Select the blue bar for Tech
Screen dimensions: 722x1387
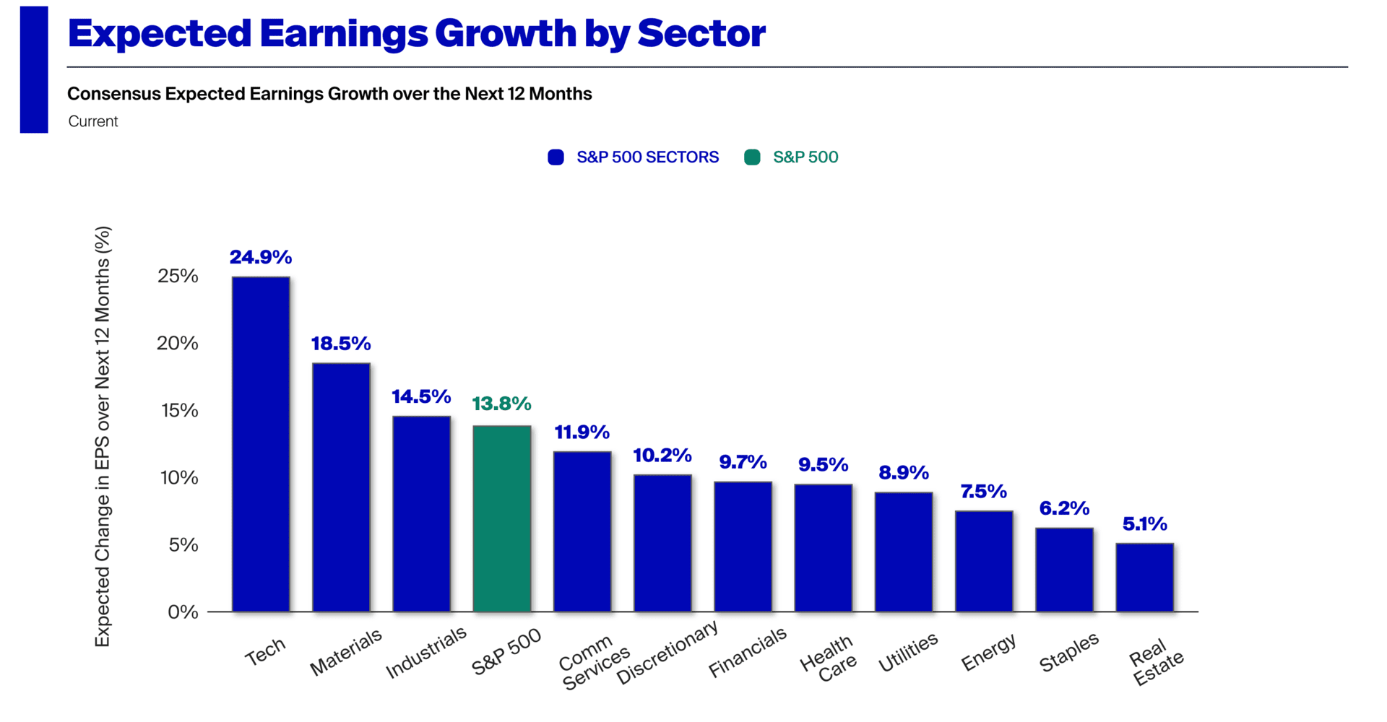tap(261, 444)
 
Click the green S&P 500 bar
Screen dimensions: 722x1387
tap(502, 518)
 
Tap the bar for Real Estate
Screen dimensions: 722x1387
tap(1144, 577)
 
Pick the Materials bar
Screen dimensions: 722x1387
tap(341, 487)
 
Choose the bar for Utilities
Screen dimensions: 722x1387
tap(904, 552)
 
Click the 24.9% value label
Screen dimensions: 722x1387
tap(261, 257)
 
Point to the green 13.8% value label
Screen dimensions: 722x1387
tap(501, 404)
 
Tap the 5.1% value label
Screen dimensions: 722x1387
tap(1144, 523)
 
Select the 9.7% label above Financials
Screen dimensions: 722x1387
tap(743, 462)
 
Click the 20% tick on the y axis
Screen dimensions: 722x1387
tap(178, 343)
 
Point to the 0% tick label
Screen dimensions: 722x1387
tap(183, 612)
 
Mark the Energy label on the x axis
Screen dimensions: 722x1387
tap(988, 651)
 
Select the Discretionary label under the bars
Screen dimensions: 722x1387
tap(667, 651)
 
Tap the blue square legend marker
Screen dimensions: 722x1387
tap(556, 157)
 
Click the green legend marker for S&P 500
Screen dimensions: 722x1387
tap(752, 157)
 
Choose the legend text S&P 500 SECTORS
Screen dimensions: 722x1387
tap(647, 157)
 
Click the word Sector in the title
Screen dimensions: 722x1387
tap(701, 34)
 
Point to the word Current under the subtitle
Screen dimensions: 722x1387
tap(93, 121)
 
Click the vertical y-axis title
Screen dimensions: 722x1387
tap(103, 437)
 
